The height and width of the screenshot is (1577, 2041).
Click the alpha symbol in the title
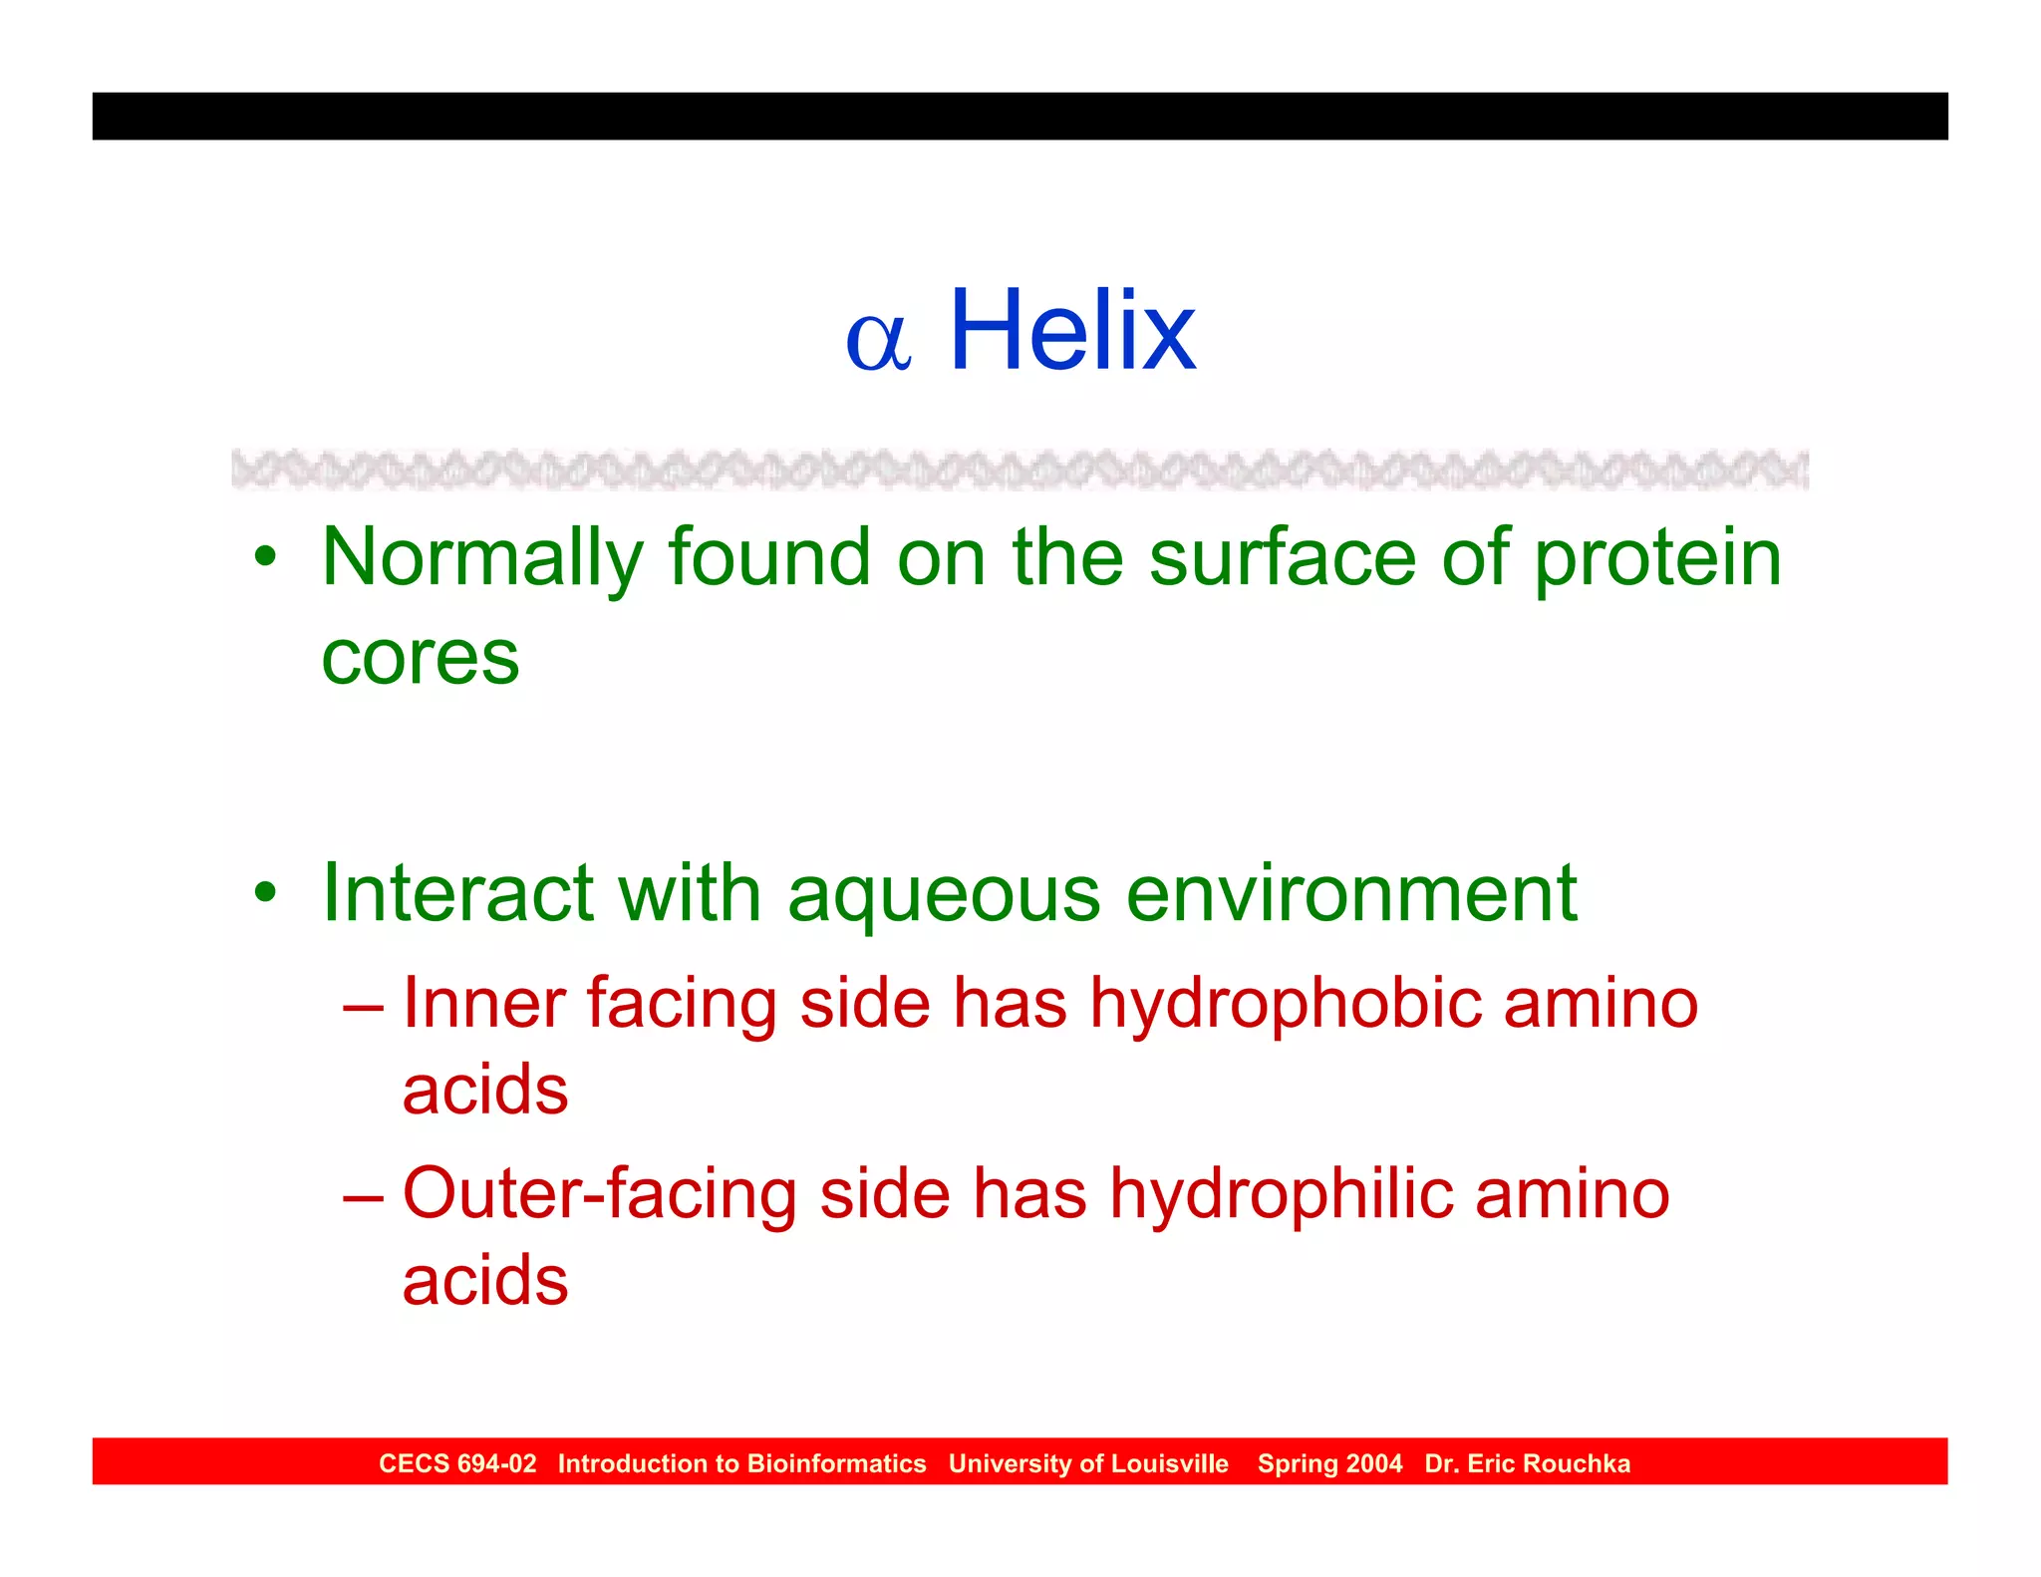click(x=878, y=342)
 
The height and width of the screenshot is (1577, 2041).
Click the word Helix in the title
click(x=1072, y=330)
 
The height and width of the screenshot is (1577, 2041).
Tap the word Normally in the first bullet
click(x=482, y=558)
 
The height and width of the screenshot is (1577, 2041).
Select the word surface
click(x=1283, y=558)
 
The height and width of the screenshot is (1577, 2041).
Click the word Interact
click(x=458, y=892)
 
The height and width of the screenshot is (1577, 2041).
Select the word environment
click(x=1351, y=892)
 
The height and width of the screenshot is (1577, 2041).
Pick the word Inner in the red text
click(x=484, y=1003)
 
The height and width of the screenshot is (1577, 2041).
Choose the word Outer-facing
click(x=599, y=1194)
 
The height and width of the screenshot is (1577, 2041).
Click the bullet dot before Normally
click(x=264, y=556)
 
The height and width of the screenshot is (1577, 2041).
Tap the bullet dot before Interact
click(x=264, y=891)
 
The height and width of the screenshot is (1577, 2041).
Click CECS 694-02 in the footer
click(x=457, y=1463)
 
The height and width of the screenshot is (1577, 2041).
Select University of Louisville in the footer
click(x=1088, y=1463)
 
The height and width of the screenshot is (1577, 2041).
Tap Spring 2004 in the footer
click(x=1329, y=1463)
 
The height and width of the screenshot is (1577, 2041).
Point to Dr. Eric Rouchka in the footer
click(x=1527, y=1463)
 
